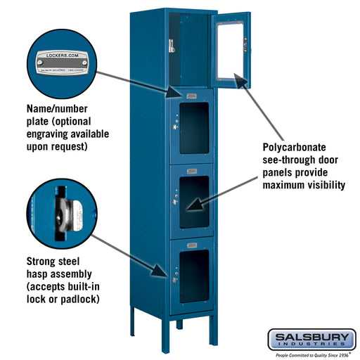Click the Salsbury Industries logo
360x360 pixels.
tap(311, 339)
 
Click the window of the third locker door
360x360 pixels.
tap(194, 201)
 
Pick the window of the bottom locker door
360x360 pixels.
tap(194, 273)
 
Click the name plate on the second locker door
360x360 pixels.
tap(191, 96)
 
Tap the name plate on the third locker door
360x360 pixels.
tap(191, 169)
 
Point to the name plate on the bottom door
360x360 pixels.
tap(191, 242)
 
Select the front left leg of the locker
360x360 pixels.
tap(135, 330)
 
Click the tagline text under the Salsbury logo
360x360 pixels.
tap(311, 354)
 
